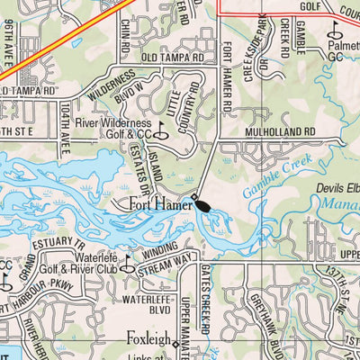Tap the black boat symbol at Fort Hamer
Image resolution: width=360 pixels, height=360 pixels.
pos(201,204)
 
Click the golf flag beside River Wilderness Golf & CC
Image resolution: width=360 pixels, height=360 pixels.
pos(162,129)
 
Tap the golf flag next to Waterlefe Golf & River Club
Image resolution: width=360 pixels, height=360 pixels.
pos(127,264)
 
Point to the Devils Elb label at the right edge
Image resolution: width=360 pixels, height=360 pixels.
pos(337,188)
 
